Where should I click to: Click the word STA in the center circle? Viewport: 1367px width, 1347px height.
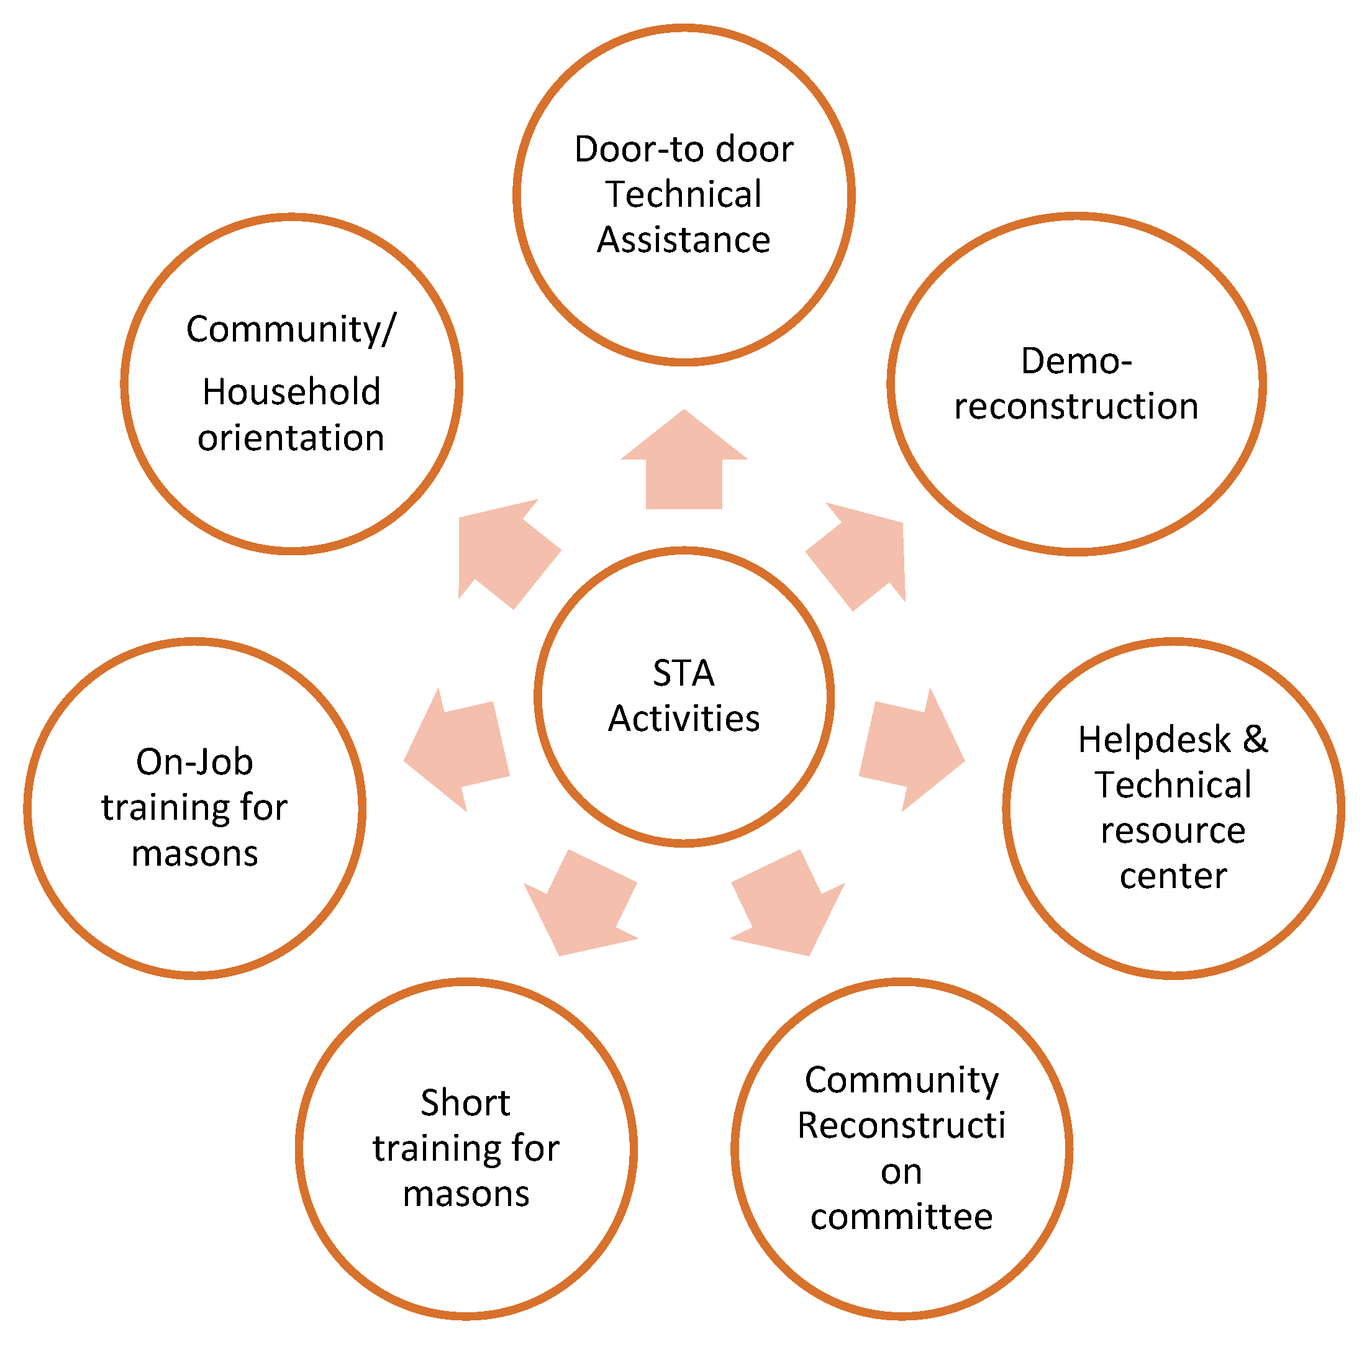coord(683,673)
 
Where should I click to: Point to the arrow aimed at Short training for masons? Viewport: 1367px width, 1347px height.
coord(581,906)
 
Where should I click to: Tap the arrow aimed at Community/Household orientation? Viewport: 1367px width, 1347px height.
coord(506,553)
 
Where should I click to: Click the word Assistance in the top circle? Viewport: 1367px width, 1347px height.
coord(683,240)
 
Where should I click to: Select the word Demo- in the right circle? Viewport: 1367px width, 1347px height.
coord(1076,361)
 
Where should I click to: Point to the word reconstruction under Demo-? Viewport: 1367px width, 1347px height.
coord(1076,407)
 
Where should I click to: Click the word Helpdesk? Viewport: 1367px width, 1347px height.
coord(1154,740)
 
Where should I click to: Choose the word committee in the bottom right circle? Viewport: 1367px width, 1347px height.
coord(901,1217)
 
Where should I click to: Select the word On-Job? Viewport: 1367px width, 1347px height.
coord(194,762)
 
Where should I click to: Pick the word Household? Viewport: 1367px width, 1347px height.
coord(291,392)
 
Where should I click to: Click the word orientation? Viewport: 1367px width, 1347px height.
coord(291,438)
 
